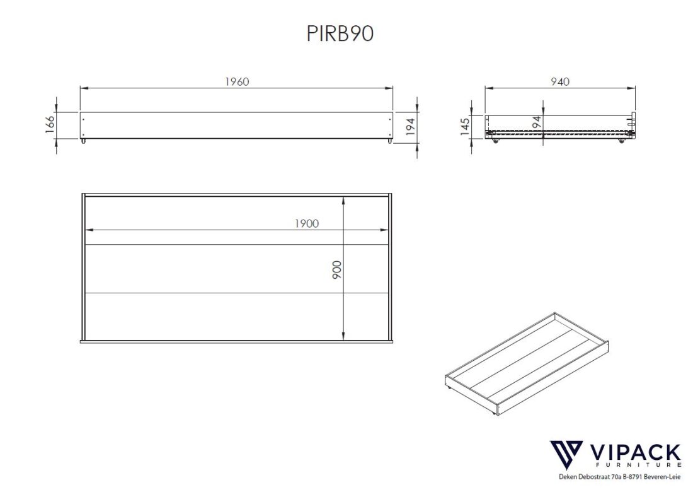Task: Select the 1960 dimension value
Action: point(237,82)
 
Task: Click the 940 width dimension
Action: point(559,82)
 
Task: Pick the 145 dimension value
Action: point(465,126)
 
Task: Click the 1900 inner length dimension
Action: point(306,223)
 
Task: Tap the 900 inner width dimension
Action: point(337,270)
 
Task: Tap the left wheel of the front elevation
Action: point(83,142)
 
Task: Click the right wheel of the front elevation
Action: point(389,142)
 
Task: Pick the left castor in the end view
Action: point(495,142)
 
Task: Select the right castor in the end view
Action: point(622,142)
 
